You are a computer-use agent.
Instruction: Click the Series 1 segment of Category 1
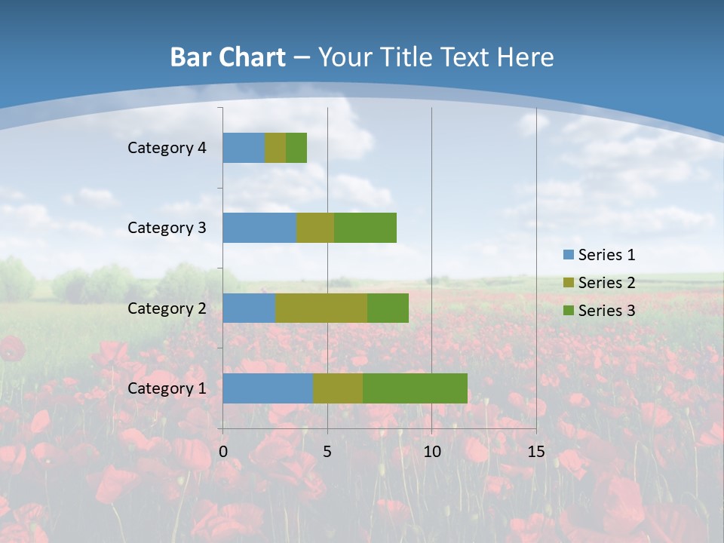[x=268, y=388]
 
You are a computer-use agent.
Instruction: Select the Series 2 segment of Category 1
[x=338, y=388]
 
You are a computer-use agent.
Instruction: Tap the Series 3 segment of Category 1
[x=415, y=388]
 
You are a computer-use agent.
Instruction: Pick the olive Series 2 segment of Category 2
[x=321, y=308]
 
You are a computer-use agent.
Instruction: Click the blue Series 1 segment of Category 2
[x=249, y=308]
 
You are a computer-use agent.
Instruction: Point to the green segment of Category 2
[x=388, y=308]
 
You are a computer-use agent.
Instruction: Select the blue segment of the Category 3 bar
[x=259, y=228]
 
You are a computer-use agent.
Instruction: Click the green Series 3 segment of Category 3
[x=365, y=228]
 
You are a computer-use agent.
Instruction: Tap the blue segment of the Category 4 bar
[x=244, y=148]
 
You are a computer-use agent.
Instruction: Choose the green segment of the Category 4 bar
[x=296, y=148]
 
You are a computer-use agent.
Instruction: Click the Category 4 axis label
[x=167, y=148]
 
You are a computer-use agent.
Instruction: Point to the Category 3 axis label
[x=167, y=228]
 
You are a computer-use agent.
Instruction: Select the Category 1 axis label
[x=167, y=388]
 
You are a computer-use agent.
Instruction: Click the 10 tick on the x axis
[x=431, y=452]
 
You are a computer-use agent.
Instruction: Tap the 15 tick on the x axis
[x=535, y=452]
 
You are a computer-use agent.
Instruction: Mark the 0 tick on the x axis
[x=223, y=452]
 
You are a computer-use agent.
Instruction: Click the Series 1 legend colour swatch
[x=568, y=255]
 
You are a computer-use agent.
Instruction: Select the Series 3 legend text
[x=606, y=311]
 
